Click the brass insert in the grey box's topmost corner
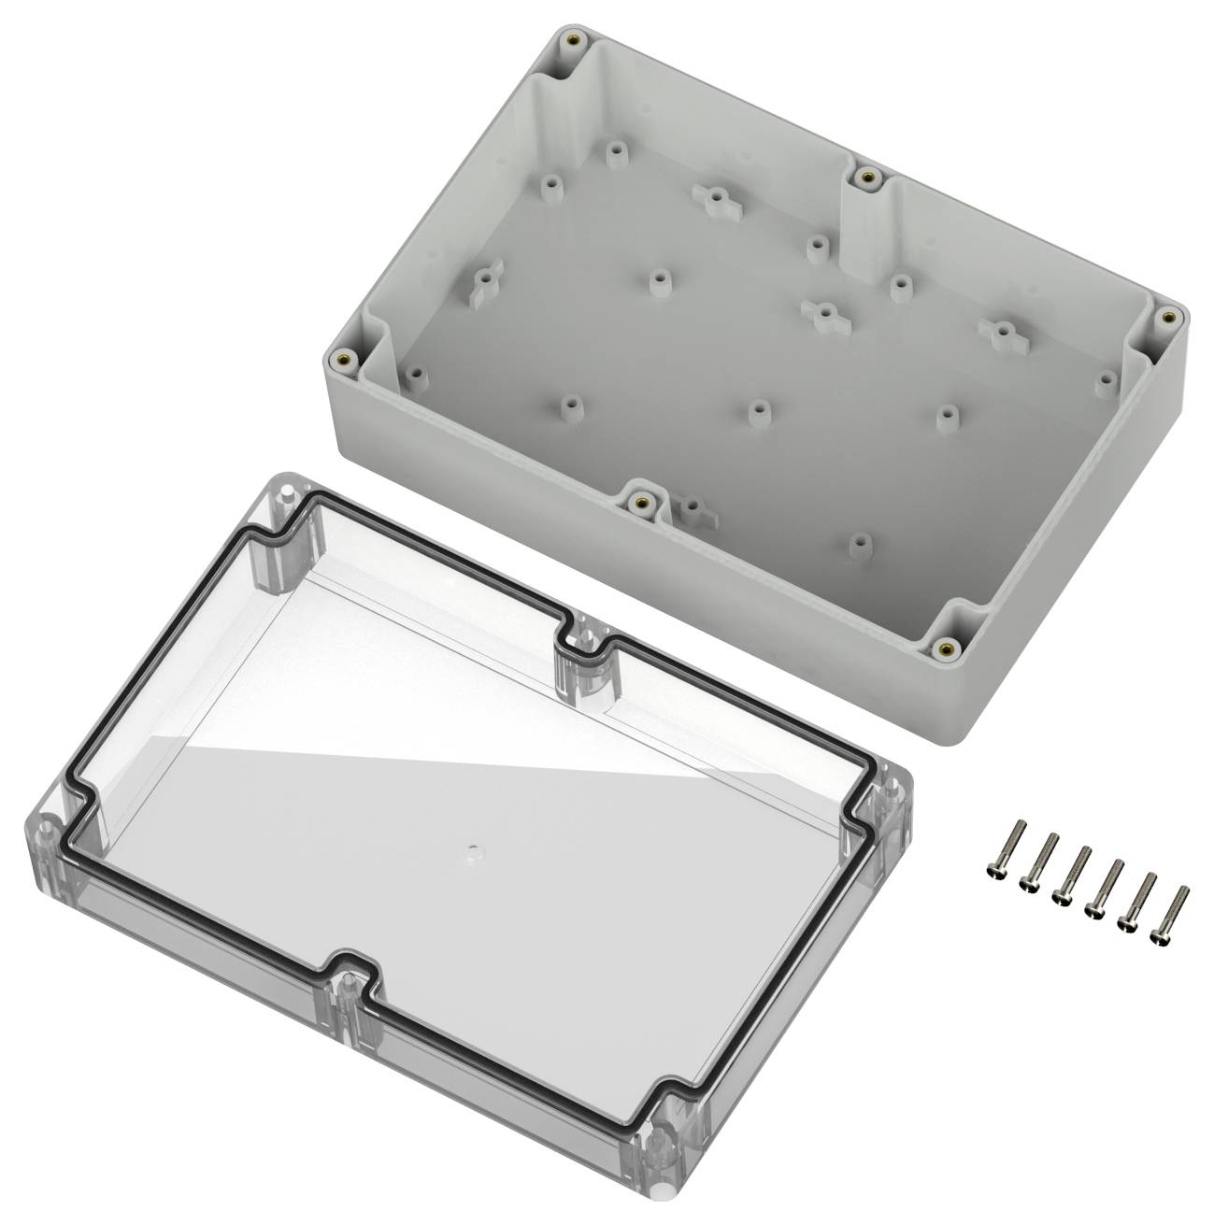pyautogui.click(x=573, y=40)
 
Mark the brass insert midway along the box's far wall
pyautogui.click(x=869, y=175)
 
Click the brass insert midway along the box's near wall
pyautogui.click(x=641, y=503)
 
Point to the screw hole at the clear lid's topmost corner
pyautogui.click(x=287, y=491)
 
